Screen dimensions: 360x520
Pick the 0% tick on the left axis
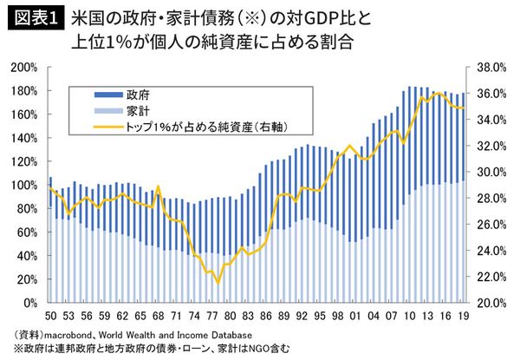(x=28, y=303)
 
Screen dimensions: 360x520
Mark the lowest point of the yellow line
(x=218, y=283)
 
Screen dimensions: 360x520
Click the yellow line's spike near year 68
(x=157, y=187)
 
